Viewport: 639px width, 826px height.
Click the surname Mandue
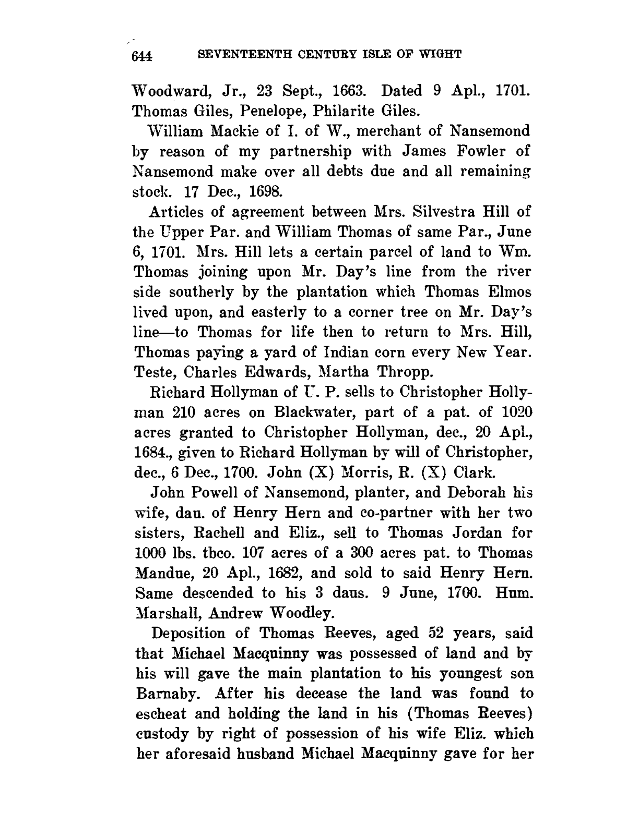162,573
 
